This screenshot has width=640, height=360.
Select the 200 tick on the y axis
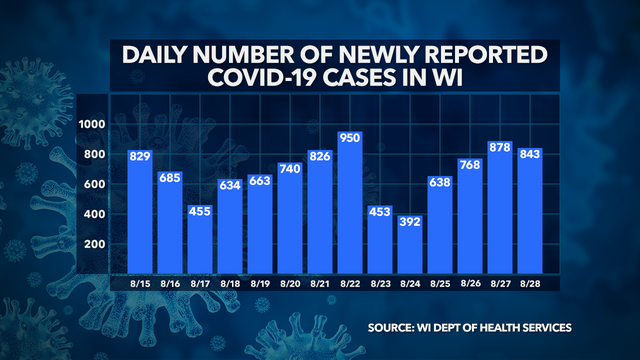[95, 244]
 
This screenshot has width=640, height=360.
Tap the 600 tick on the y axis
[95, 184]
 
